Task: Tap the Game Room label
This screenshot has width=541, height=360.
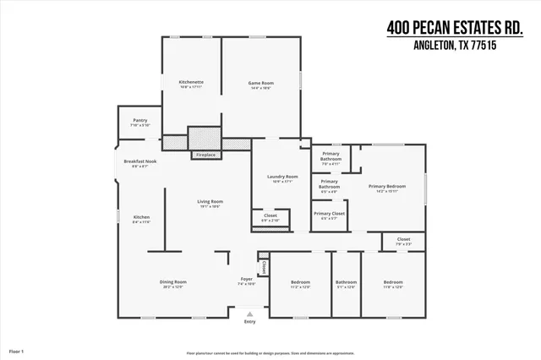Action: coord(260,82)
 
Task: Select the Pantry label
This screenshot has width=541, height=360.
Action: coord(139,121)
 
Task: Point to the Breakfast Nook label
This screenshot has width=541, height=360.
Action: coord(139,161)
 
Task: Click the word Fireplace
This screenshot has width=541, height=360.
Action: coord(205,155)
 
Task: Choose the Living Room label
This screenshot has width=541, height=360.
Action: coord(210,201)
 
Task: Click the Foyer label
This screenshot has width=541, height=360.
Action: coord(247,279)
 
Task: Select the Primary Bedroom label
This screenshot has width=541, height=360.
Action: coord(387,186)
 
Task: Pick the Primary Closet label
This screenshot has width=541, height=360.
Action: coord(329,214)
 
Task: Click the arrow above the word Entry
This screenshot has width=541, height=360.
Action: coord(249,314)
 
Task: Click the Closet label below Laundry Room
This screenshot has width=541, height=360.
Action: coord(270,215)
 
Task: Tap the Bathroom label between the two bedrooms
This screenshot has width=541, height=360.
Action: coord(346,281)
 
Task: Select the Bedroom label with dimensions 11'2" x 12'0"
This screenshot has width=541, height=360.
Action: coord(301,281)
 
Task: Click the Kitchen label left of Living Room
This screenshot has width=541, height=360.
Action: coord(141,217)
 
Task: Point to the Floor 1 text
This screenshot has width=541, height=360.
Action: coord(16,350)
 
